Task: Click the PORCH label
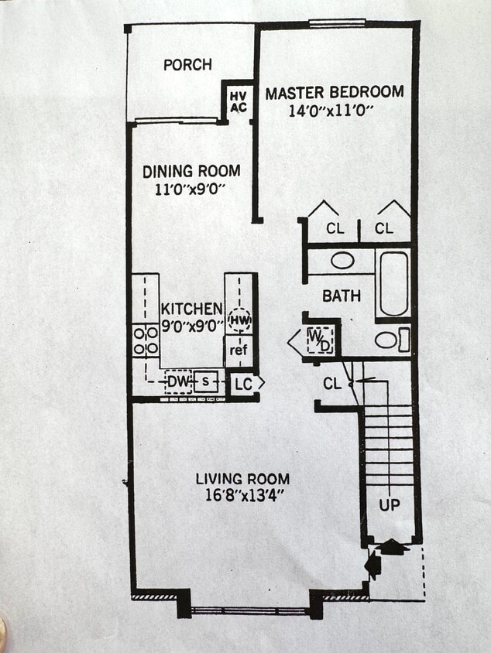pyautogui.click(x=187, y=65)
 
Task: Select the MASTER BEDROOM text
pyautogui.click(x=334, y=93)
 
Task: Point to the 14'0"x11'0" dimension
pyautogui.click(x=331, y=111)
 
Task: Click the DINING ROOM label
pyautogui.click(x=191, y=171)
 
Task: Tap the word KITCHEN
pyautogui.click(x=192, y=309)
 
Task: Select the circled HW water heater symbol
pyautogui.click(x=239, y=318)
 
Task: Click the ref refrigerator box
pyautogui.click(x=239, y=350)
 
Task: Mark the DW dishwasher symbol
pyautogui.click(x=177, y=381)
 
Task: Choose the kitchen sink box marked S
pyautogui.click(x=206, y=381)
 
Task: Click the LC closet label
pyautogui.click(x=242, y=383)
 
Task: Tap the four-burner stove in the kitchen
pyautogui.click(x=146, y=340)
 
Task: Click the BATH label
pyautogui.click(x=341, y=296)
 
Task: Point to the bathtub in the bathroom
pyautogui.click(x=393, y=283)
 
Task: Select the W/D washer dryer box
pyautogui.click(x=319, y=340)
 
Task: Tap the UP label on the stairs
pyautogui.click(x=390, y=504)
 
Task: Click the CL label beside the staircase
pyautogui.click(x=333, y=383)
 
